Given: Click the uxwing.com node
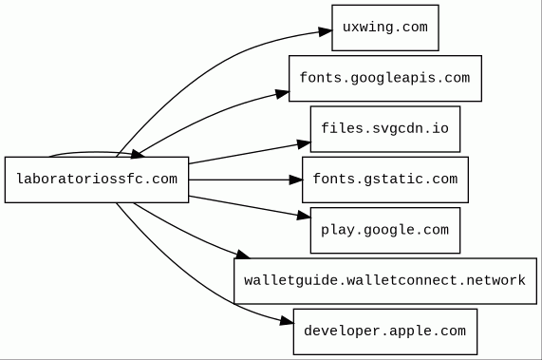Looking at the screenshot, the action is click(x=385, y=28).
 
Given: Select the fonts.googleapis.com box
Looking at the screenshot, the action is click(x=385, y=79).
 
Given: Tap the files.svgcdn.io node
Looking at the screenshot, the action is click(x=385, y=129).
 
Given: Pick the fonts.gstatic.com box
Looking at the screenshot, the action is click(x=385, y=180).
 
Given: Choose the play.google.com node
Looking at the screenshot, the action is click(x=385, y=230).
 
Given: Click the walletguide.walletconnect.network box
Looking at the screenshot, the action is click(x=385, y=281).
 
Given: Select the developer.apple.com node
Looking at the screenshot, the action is click(x=385, y=332).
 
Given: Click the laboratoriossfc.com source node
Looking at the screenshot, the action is click(x=97, y=180).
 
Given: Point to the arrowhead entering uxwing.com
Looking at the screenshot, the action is click(x=326, y=31).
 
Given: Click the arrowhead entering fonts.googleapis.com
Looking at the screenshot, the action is click(x=283, y=94).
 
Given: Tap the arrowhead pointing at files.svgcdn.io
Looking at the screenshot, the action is click(x=304, y=144).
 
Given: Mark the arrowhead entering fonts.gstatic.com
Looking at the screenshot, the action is click(x=296, y=180).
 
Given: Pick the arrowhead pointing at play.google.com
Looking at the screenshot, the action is click(x=304, y=217).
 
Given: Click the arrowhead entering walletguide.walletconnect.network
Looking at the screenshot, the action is click(x=242, y=255).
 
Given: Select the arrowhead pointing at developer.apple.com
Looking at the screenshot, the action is click(x=287, y=322).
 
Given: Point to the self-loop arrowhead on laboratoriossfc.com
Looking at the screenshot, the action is click(x=138, y=155).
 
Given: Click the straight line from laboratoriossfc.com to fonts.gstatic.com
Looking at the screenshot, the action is click(x=239, y=180).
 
